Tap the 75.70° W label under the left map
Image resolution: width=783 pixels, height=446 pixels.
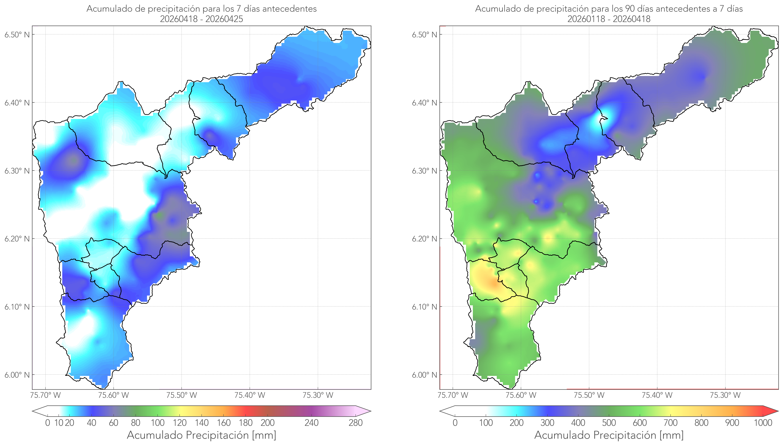pos(45,395)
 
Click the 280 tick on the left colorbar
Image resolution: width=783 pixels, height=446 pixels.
pos(356,423)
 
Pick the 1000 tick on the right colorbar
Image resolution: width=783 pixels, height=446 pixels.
pos(763,423)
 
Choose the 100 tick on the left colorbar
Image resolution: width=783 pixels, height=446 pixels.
pos(158,423)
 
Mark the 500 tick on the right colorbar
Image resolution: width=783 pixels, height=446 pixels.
pos(609,423)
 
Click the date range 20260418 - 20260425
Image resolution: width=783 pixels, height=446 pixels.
pos(201,19)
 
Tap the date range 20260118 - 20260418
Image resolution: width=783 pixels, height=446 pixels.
pos(609,19)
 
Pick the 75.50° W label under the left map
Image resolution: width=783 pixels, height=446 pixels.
pos(181,395)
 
